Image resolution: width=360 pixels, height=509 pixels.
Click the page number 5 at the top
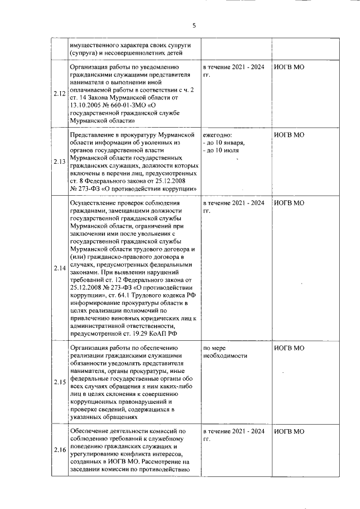click(193, 25)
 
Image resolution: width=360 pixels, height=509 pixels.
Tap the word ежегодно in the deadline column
click(217, 136)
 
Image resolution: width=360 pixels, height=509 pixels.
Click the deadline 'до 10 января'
click(224, 143)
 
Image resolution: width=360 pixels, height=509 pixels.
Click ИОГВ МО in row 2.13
click(289, 136)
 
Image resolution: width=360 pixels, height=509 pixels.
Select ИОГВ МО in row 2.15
click(289, 348)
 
